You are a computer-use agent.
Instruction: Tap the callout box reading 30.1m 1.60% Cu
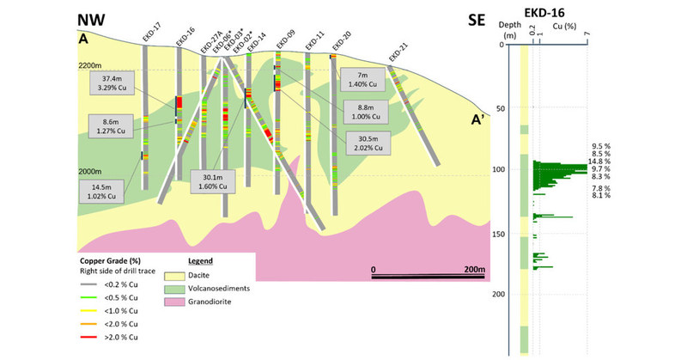pos(210,181)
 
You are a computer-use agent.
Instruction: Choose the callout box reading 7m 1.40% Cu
pos(360,79)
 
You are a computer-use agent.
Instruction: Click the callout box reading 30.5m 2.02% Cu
pos(368,141)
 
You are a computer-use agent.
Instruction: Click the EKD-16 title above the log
pos(552,12)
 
